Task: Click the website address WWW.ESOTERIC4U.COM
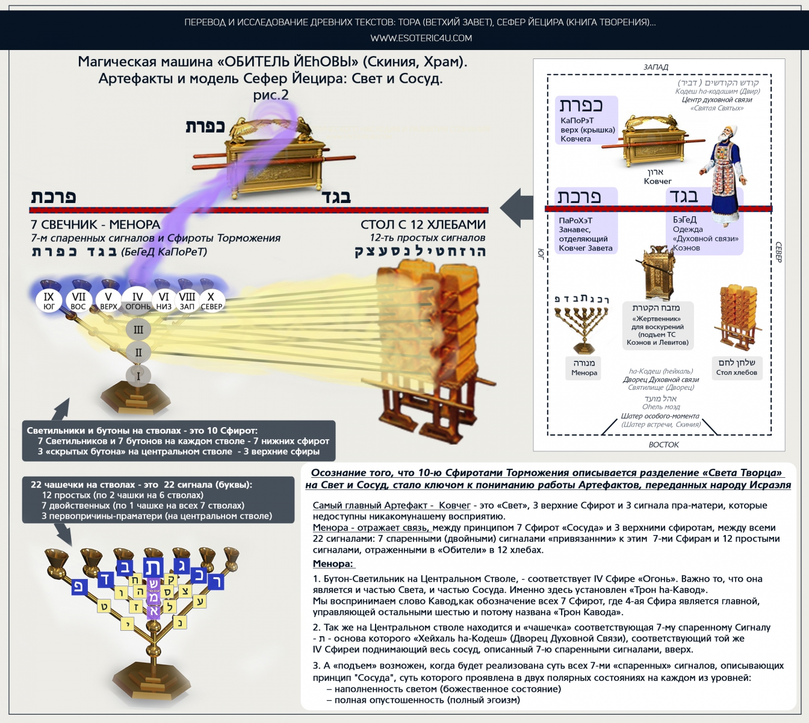pyautogui.click(x=421, y=38)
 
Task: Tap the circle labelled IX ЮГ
pyautogui.click(x=49, y=301)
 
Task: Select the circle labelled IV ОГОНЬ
pyautogui.click(x=138, y=301)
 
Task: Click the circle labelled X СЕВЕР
pyautogui.click(x=211, y=301)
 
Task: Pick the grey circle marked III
pyautogui.click(x=138, y=330)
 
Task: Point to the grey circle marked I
pyautogui.click(x=138, y=376)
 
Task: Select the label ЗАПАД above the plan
pyautogui.click(x=656, y=67)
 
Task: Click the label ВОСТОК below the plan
pyautogui.click(x=663, y=445)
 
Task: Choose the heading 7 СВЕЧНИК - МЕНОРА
pyautogui.click(x=95, y=225)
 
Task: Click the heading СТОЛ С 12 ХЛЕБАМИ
pyautogui.click(x=423, y=225)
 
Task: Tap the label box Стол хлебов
pyautogui.click(x=737, y=368)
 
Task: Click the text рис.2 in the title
pyautogui.click(x=271, y=95)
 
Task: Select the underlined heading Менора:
pyautogui.click(x=333, y=564)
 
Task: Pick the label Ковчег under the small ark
pyautogui.click(x=657, y=181)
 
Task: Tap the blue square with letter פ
pyautogui.click(x=79, y=586)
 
